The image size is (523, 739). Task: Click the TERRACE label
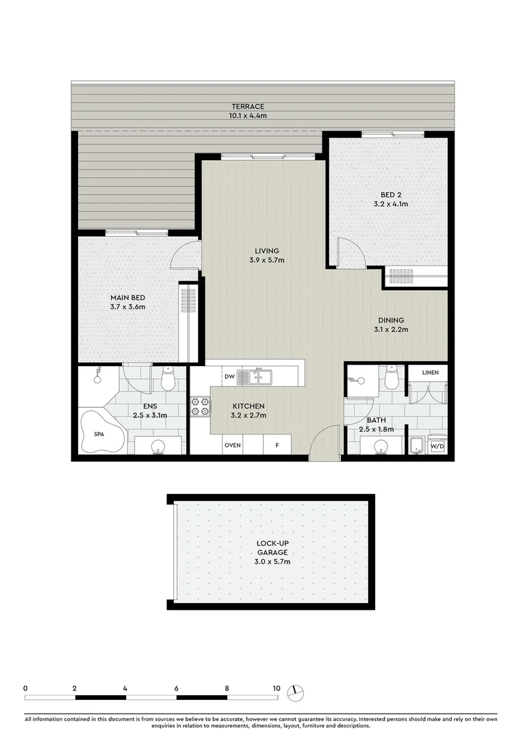(x=248, y=107)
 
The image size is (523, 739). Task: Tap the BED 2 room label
(x=391, y=194)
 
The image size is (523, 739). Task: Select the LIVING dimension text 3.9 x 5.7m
(x=267, y=260)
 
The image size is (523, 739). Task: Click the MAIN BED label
(x=128, y=298)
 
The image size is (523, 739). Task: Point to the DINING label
(x=391, y=320)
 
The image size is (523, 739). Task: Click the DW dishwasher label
(x=229, y=376)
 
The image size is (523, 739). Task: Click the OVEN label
(x=233, y=445)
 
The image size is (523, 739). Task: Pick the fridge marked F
(x=277, y=445)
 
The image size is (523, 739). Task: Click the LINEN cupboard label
(x=430, y=372)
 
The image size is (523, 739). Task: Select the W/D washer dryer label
(x=437, y=446)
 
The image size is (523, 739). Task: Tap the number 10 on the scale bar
(x=277, y=688)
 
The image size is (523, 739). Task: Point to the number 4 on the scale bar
(x=125, y=688)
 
